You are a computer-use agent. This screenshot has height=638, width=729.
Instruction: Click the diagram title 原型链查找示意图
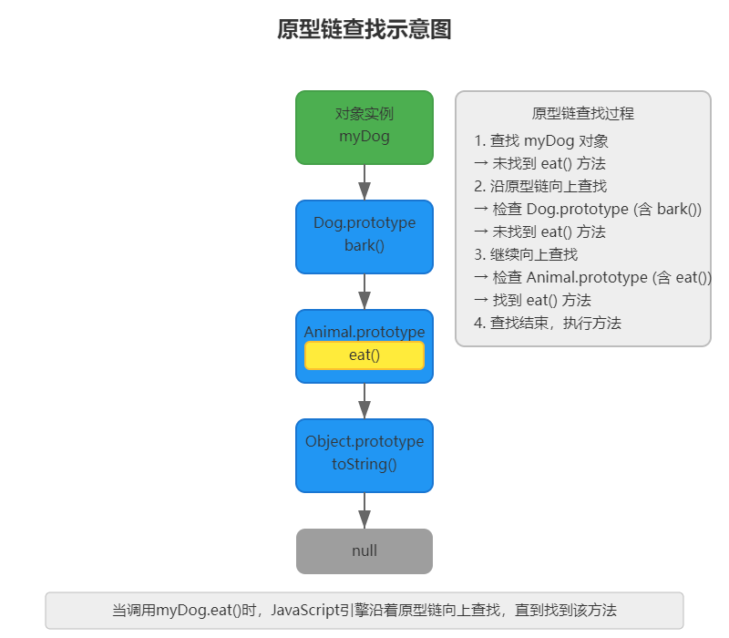[x=364, y=30]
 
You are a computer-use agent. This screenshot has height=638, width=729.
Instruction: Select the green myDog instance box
[x=364, y=127]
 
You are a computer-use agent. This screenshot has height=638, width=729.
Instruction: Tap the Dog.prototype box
[x=364, y=235]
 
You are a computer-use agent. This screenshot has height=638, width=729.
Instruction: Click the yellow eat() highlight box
[x=364, y=355]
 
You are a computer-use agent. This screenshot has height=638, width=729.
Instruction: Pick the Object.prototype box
[x=364, y=454]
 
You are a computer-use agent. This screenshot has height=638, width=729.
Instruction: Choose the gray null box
[x=364, y=551]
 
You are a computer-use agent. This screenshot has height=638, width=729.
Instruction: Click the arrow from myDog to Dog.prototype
[x=364, y=182]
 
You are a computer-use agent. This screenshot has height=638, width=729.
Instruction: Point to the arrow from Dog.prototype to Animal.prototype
[x=364, y=292]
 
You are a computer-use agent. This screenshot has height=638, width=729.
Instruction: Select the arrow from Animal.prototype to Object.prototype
[x=364, y=401]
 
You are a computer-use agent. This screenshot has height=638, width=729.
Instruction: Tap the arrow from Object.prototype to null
[x=364, y=510]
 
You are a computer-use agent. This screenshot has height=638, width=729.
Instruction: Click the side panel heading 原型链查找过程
[x=582, y=114]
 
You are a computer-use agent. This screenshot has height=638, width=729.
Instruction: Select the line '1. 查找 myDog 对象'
[x=541, y=141]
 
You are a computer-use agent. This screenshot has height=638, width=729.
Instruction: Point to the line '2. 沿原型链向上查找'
[x=540, y=186]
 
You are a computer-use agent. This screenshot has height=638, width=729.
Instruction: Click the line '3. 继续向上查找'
[x=526, y=254]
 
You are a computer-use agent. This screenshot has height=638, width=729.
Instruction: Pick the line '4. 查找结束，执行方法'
[x=548, y=323]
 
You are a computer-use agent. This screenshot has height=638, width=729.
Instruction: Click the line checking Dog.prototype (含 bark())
[x=588, y=209]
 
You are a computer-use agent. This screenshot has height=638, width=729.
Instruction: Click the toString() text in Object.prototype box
[x=364, y=464]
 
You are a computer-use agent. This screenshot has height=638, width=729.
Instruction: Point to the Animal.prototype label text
[x=364, y=332]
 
